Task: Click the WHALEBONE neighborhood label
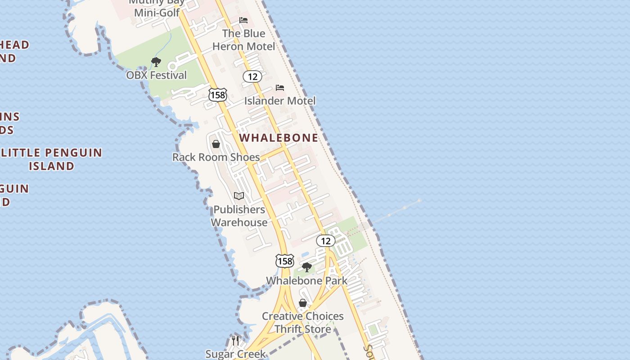279,138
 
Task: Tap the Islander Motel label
280,101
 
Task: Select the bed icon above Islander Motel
280,88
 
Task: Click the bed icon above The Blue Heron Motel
243,20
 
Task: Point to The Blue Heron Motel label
243,40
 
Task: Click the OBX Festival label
156,75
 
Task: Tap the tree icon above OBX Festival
156,62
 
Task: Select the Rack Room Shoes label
216,157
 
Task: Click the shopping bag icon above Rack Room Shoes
216,144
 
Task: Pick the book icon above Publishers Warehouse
239,196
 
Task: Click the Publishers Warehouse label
239,216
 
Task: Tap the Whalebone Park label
307,281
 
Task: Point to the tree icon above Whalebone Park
307,267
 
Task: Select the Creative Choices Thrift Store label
303,323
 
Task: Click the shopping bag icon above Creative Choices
303,303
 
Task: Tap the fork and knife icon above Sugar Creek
235,340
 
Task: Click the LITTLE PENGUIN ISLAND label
51,159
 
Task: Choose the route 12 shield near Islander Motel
252,76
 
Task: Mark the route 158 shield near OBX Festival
218,94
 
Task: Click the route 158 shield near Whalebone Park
285,261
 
